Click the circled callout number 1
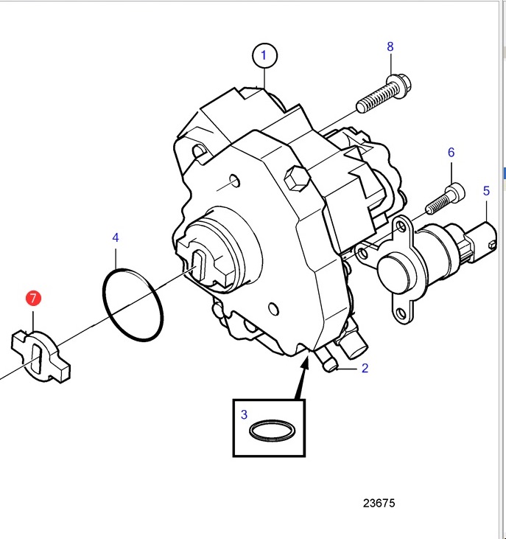(264, 55)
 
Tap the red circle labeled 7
(33, 298)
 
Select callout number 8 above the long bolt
(390, 46)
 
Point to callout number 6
(451, 153)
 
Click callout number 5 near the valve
(486, 191)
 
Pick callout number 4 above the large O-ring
(116, 237)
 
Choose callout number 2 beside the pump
(365, 368)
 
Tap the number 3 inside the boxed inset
(244, 414)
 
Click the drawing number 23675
(379, 504)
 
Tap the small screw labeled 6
(446, 199)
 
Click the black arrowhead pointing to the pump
(305, 364)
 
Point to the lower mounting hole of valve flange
(401, 313)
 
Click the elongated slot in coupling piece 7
(36, 359)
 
